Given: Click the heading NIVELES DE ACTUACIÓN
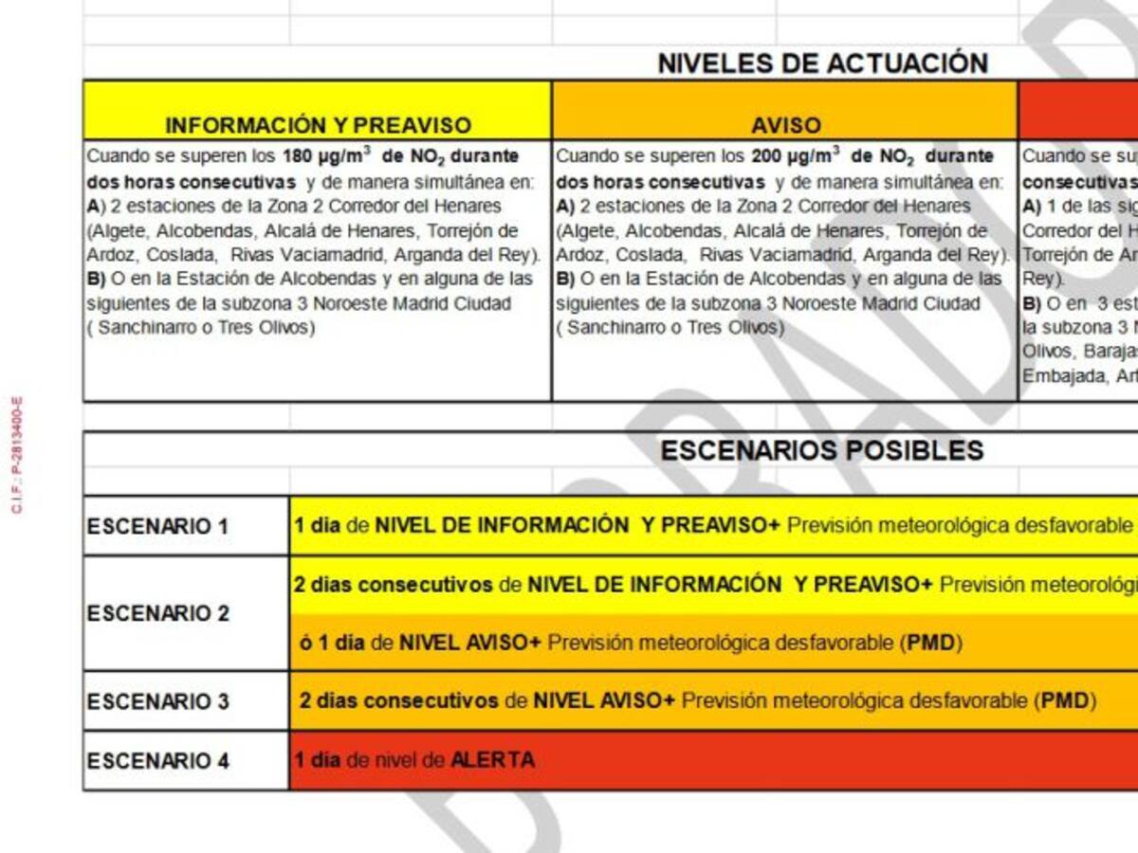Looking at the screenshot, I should click(x=822, y=64).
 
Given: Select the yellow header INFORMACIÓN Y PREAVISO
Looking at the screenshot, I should click(x=318, y=125).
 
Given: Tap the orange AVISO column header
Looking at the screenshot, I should click(x=785, y=125).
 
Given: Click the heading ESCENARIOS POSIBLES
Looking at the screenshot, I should click(x=822, y=450).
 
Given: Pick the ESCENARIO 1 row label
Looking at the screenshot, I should click(x=157, y=526).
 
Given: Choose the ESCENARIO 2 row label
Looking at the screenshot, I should click(x=157, y=613).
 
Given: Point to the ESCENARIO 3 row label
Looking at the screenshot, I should click(x=157, y=701).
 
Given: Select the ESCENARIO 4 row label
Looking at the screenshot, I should click(x=157, y=761).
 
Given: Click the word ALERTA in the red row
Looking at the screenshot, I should click(x=492, y=760).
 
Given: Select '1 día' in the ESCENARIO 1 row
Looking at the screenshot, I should click(x=317, y=525).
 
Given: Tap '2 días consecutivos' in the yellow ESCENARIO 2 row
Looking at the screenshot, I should click(x=393, y=585).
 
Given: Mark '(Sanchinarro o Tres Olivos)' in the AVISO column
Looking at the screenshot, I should click(x=670, y=328).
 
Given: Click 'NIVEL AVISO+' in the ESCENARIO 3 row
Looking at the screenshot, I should click(x=604, y=701).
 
